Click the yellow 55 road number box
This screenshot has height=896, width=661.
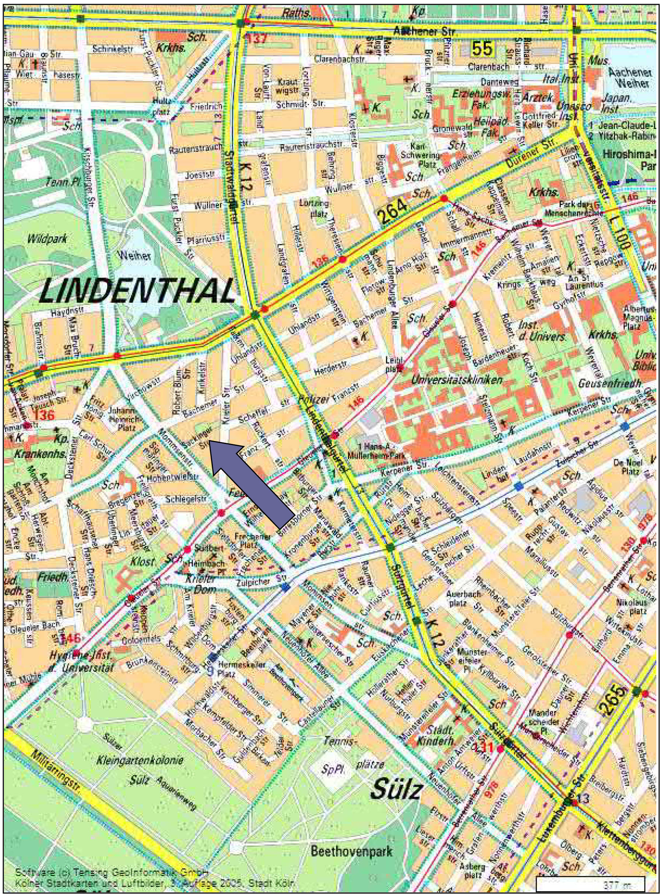pyautogui.click(x=482, y=49)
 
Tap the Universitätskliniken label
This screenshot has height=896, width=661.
pyautogui.click(x=457, y=379)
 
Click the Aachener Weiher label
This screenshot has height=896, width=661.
pyautogui.click(x=628, y=78)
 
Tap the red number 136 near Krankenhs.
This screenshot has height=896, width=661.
pyautogui.click(x=44, y=414)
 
